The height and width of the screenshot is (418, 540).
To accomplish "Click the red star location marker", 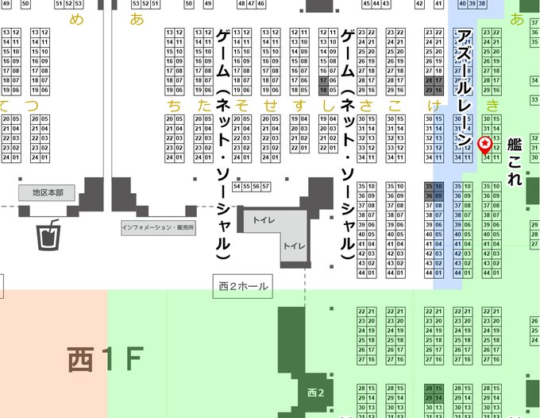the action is tap(486, 144).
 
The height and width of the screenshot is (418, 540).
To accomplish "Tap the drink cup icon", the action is tap(49, 234).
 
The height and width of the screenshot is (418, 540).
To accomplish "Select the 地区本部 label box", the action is tap(48, 192).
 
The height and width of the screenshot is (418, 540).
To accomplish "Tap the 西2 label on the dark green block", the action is tap(315, 393).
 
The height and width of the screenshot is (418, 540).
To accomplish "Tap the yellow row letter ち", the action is tap(169, 105).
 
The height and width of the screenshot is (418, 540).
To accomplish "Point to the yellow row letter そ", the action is tap(245, 105).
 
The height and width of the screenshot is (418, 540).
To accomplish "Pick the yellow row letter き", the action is tap(492, 105).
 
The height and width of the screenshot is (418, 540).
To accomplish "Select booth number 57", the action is tap(265, 187).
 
